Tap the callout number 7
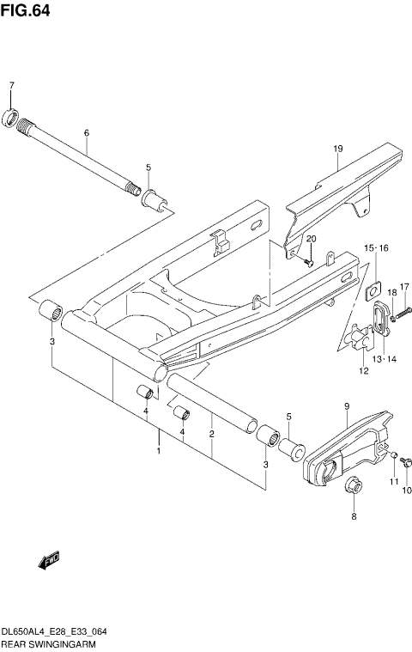[12, 85]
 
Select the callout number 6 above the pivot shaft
[87, 133]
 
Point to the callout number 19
[338, 149]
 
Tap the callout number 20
[312, 238]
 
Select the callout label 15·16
[375, 247]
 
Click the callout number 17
[405, 287]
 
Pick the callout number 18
[391, 294]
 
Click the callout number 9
[346, 405]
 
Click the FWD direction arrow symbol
[47, 561]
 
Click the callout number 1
[158, 450]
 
